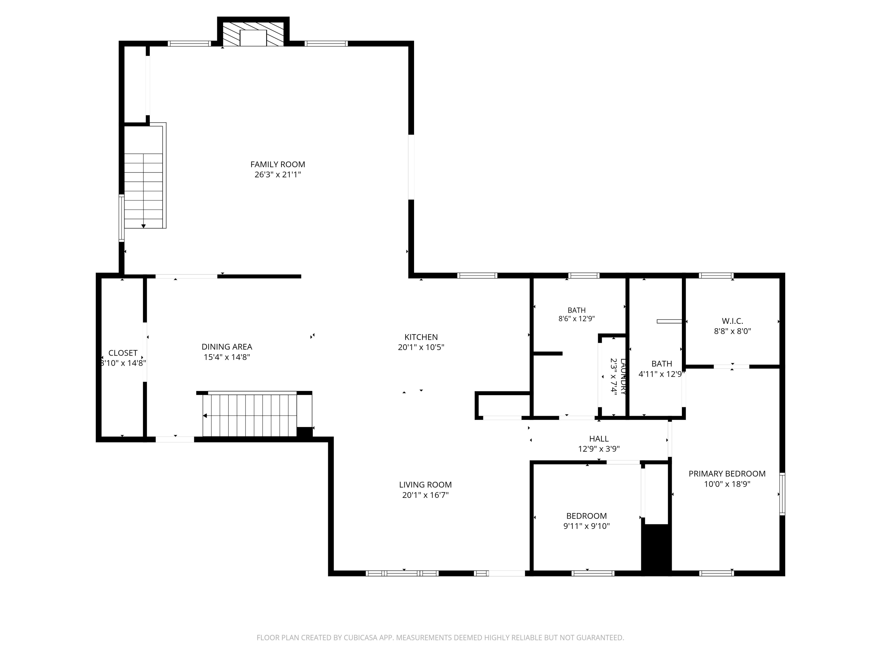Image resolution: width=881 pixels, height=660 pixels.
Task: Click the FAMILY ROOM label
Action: (278, 164)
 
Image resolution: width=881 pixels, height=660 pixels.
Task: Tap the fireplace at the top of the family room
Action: (253, 34)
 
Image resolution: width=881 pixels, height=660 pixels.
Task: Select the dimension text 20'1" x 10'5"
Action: (421, 347)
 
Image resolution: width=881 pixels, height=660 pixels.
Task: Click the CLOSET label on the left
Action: (123, 353)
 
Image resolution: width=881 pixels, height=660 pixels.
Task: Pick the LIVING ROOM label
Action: (425, 485)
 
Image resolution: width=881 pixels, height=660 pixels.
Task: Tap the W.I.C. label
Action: (732, 321)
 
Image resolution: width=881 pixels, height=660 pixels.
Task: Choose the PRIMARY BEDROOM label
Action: (727, 473)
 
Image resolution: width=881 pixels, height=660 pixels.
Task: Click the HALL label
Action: (598, 439)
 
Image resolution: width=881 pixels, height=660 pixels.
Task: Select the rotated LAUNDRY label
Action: (623, 376)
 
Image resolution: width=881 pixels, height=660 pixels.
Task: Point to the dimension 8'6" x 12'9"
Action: (576, 319)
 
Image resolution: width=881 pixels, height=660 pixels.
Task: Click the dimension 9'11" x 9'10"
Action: (586, 526)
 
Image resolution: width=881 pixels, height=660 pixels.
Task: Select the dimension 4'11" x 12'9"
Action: (662, 374)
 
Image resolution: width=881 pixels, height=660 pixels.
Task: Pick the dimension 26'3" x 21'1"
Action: (278, 174)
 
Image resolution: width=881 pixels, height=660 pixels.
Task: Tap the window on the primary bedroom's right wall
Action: (782, 494)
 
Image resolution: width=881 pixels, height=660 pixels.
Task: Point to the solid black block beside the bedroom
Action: (656, 549)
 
